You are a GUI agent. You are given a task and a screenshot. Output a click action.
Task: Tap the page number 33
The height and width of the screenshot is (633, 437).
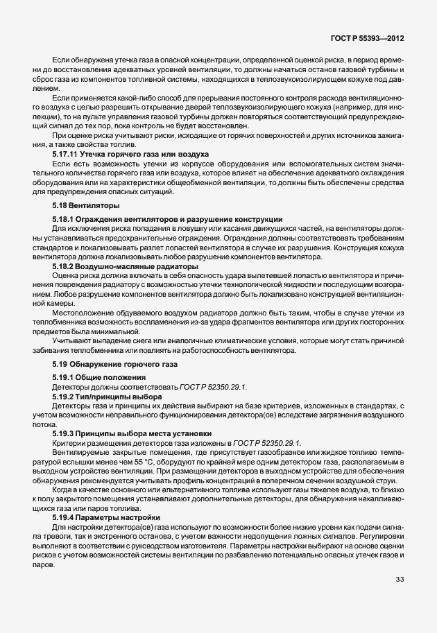click(400, 580)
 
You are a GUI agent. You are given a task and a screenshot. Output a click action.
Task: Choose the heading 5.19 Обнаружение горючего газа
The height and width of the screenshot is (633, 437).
click(115, 363)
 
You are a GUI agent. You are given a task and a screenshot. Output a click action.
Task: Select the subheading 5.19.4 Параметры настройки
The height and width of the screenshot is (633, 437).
click(106, 517)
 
